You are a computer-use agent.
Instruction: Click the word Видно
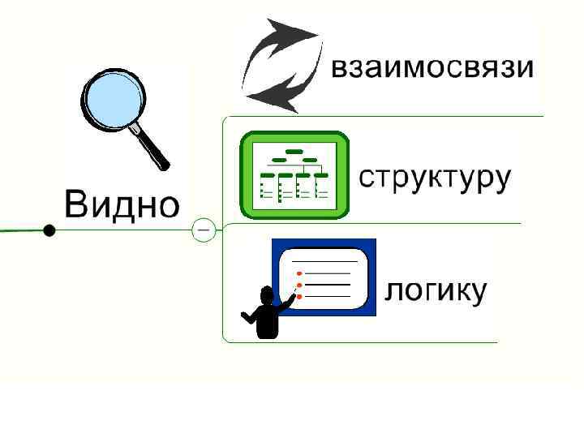tap(122, 204)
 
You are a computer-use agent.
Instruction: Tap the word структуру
tap(435, 179)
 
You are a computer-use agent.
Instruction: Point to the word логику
tap(436, 290)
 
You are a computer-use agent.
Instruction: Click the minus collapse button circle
tap(203, 230)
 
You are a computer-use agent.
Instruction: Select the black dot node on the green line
tap(49, 230)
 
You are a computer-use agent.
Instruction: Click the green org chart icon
tap(294, 174)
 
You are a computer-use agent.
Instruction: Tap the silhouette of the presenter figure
tap(265, 316)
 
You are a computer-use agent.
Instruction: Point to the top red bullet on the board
tap(299, 274)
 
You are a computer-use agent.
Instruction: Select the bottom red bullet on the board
tap(299, 297)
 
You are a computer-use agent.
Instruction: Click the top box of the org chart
tap(294, 151)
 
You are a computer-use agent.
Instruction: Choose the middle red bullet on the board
tap(299, 286)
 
